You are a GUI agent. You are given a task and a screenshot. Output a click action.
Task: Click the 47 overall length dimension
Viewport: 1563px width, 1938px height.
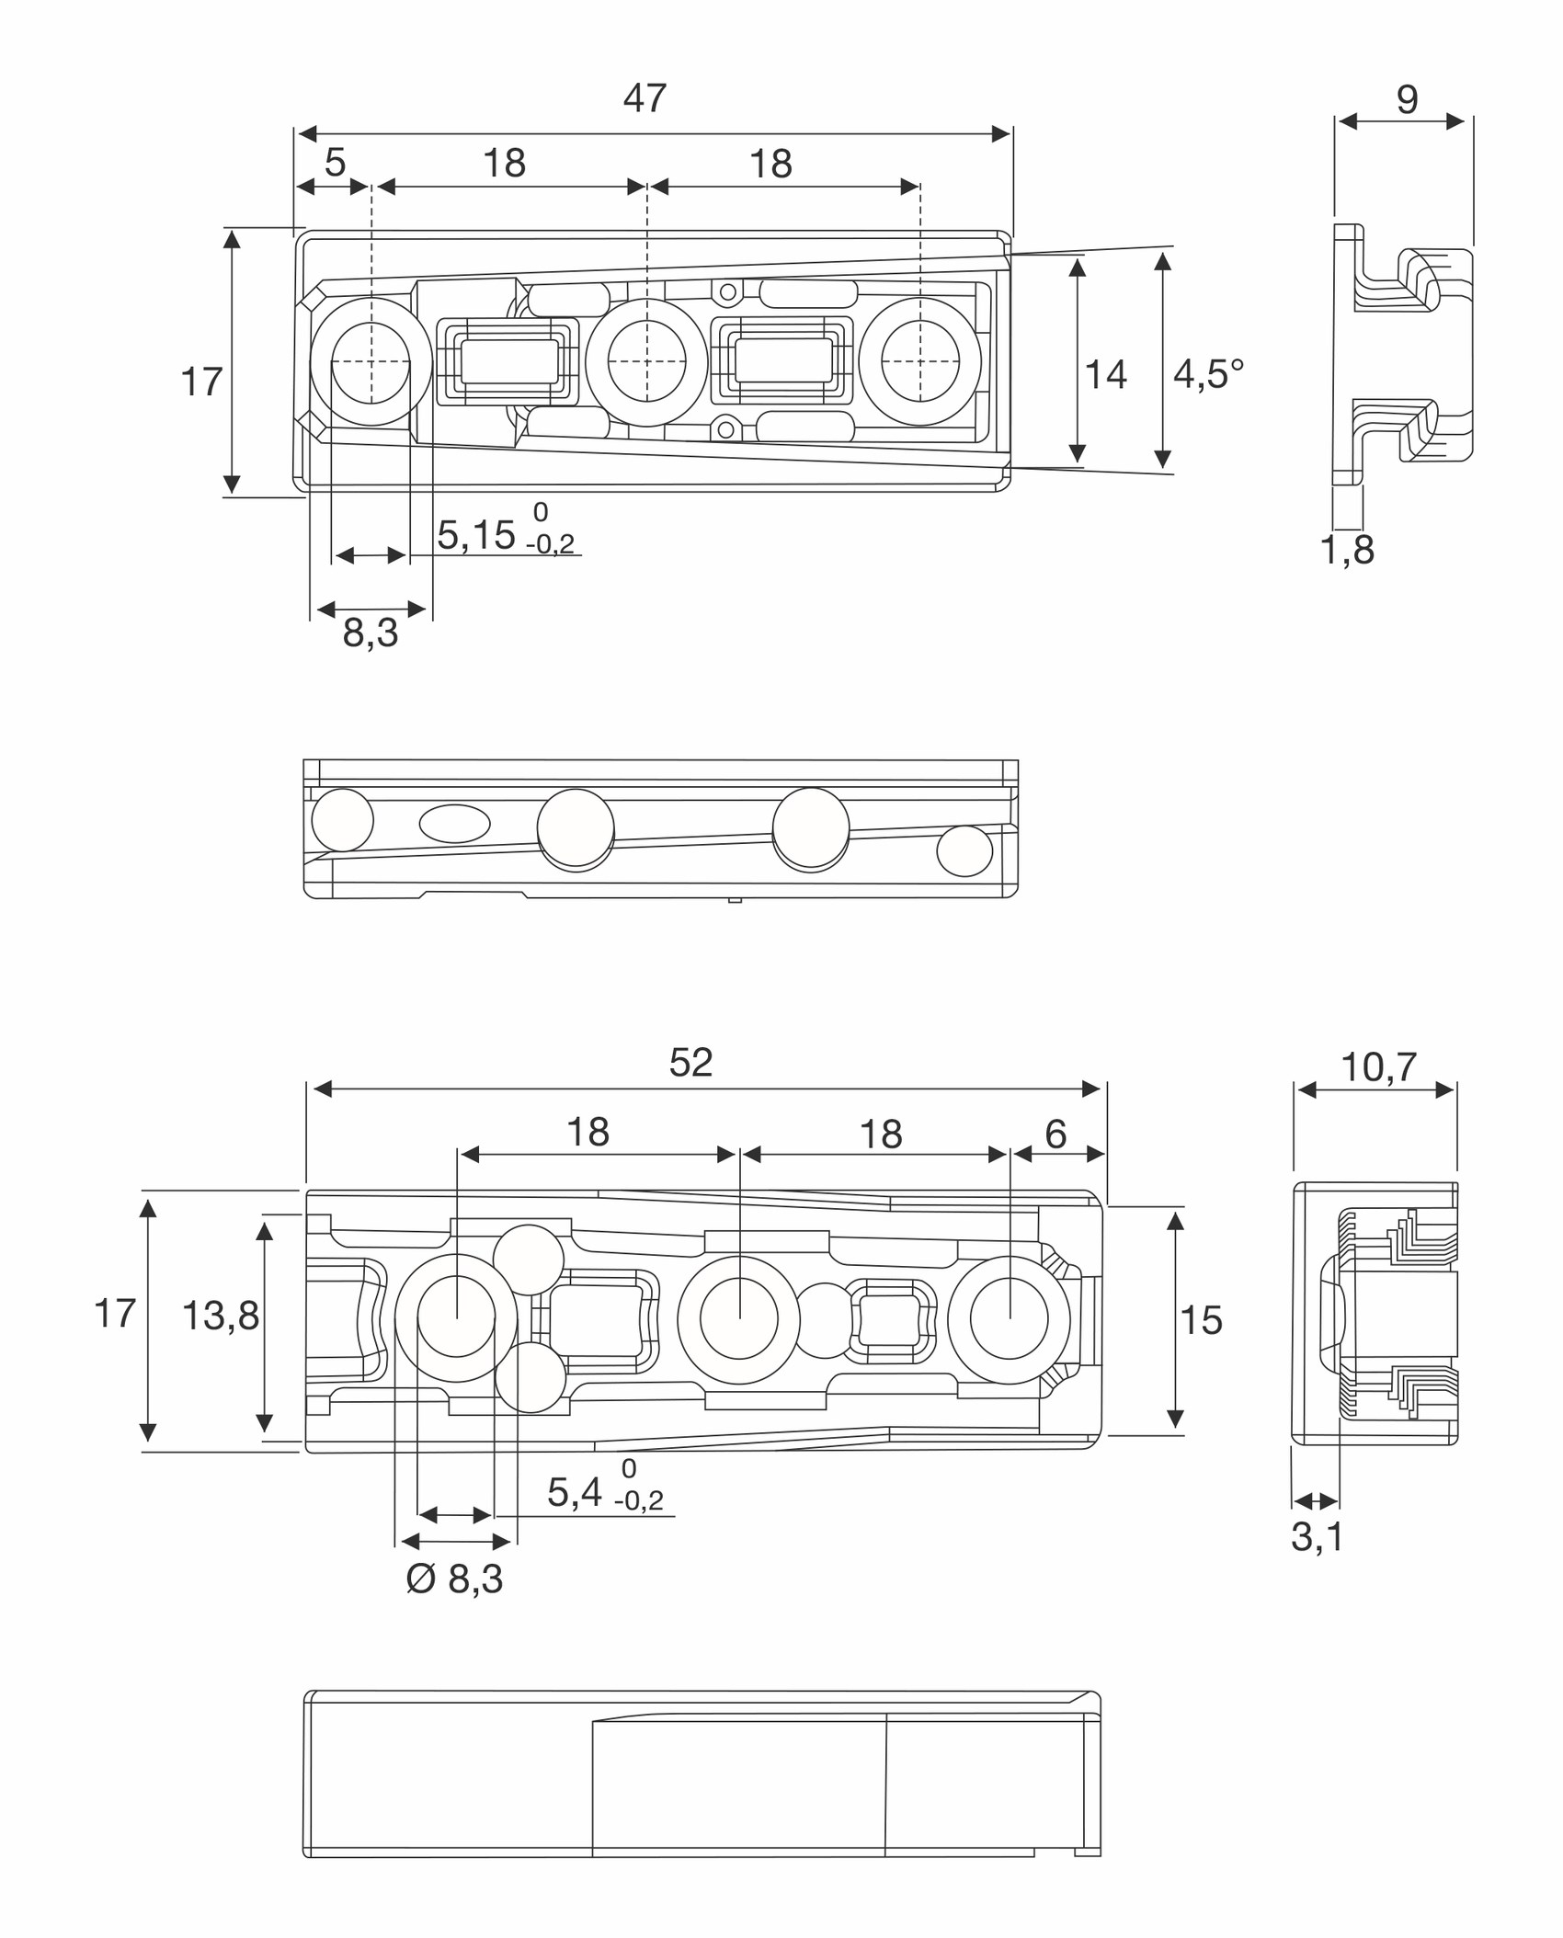(645, 98)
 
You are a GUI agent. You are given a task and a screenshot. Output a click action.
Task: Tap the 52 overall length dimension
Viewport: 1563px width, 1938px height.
(690, 1063)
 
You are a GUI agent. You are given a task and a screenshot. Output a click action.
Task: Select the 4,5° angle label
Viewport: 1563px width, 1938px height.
(1209, 374)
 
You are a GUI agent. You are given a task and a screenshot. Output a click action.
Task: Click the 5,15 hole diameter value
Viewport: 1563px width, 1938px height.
(476, 535)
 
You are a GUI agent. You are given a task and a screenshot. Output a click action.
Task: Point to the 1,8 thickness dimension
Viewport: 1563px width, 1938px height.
(1347, 550)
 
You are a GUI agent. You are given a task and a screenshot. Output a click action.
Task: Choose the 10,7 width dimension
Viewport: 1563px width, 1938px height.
(1378, 1067)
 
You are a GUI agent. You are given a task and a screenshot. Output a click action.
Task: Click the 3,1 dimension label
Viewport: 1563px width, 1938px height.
(1317, 1536)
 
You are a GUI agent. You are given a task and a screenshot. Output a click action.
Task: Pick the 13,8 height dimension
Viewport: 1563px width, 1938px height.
(221, 1316)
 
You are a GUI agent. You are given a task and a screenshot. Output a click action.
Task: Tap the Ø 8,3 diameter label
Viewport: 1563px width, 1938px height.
(455, 1579)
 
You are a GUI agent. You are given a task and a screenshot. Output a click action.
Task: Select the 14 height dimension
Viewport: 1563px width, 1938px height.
(1106, 374)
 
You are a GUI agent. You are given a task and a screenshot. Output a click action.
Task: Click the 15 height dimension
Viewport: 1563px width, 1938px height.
(1201, 1320)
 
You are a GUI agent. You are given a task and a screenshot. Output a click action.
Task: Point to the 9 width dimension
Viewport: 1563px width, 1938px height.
(1407, 99)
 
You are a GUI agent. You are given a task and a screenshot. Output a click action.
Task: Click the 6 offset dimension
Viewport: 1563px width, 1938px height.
(1055, 1134)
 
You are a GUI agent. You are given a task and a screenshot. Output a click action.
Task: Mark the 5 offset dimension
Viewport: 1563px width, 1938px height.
(335, 163)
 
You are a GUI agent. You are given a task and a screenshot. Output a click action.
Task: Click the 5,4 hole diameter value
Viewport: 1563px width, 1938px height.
(575, 1492)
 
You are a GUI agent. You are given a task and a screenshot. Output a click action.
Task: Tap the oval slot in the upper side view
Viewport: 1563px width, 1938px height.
(454, 824)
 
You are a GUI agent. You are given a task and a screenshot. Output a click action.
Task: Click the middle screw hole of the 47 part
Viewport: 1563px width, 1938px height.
(646, 362)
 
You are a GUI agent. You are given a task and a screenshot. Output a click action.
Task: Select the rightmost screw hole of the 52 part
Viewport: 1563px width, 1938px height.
(1009, 1319)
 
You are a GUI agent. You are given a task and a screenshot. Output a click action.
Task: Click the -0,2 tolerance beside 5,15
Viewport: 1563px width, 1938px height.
(550, 543)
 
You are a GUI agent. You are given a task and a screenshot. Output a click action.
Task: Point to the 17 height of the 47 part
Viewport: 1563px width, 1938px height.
(201, 382)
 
